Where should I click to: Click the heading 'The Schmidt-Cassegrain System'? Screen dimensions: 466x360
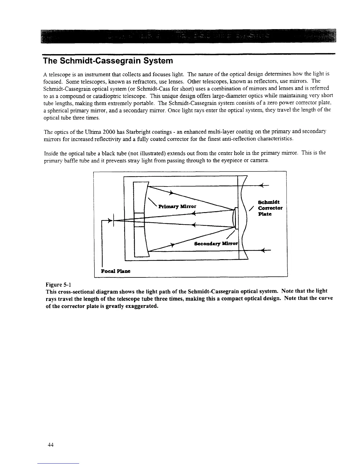pyautogui.click(x=107, y=61)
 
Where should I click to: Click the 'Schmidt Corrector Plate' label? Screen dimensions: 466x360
pyautogui.click(x=270, y=208)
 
